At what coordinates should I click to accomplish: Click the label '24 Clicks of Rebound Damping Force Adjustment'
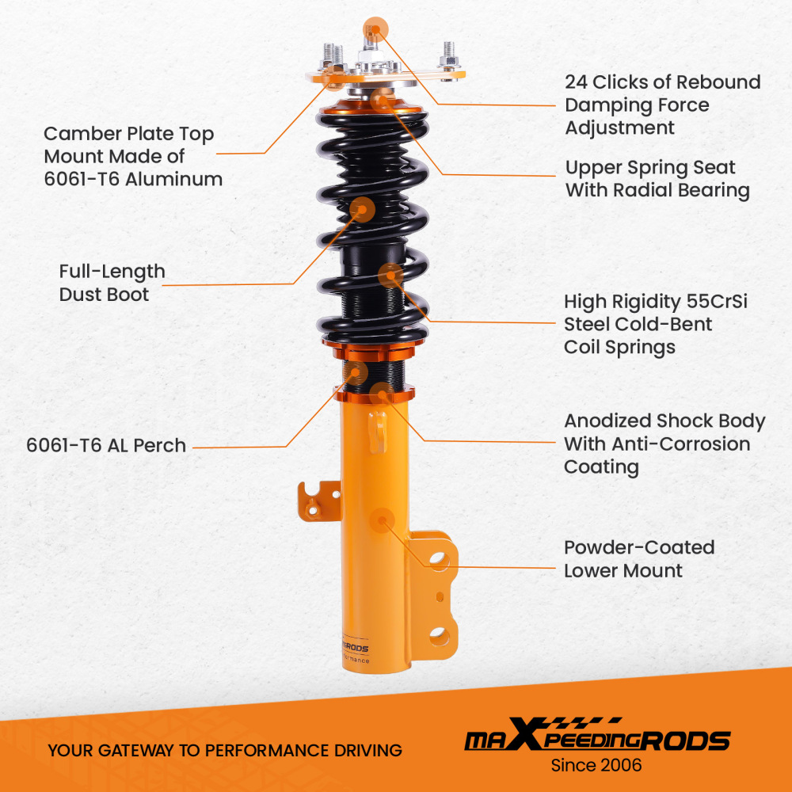coord(662,105)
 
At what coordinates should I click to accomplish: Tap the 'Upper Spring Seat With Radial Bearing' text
coord(657,179)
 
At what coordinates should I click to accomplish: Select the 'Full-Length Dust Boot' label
coord(112,283)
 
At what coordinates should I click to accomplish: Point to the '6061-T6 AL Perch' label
coord(106,445)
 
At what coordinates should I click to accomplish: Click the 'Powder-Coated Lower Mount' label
coord(638,558)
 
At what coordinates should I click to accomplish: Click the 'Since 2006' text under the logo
coord(596,765)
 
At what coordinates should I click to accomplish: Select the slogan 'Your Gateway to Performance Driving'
coord(224,750)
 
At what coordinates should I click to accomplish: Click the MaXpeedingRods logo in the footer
coord(596,740)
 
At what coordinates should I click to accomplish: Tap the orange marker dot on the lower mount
coord(383,520)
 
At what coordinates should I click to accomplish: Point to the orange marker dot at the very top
coord(374,30)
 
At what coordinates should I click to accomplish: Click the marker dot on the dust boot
coord(363,209)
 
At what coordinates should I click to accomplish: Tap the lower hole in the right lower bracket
coord(438,634)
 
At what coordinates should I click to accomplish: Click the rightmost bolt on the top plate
coord(449,55)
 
